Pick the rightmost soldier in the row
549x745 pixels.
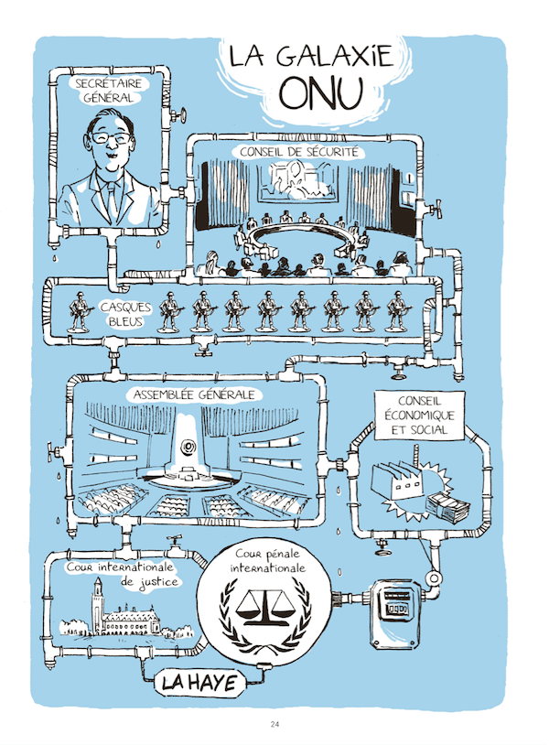pyautogui.click(x=397, y=311)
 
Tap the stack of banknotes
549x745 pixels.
pyautogui.click(x=446, y=504)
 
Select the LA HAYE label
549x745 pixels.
pyautogui.click(x=199, y=682)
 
